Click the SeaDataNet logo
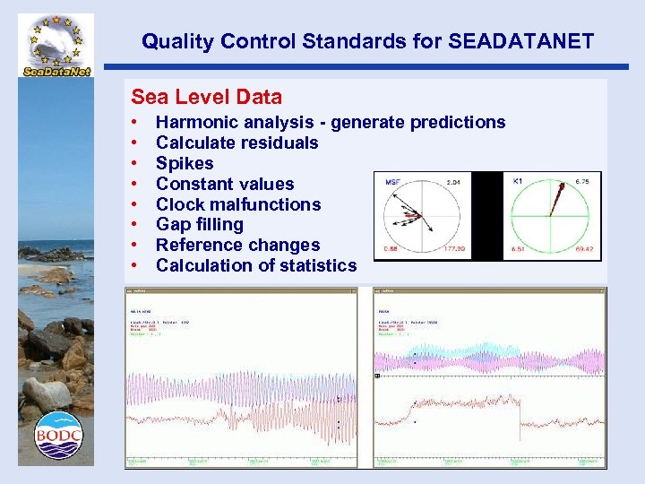55,46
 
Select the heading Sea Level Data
206,97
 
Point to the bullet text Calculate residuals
236,143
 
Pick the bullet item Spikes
185,163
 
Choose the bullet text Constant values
225,184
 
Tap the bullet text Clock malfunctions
238,204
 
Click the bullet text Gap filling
200,224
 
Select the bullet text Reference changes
237,245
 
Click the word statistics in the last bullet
315,265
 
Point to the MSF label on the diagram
393,182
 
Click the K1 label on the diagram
518,181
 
